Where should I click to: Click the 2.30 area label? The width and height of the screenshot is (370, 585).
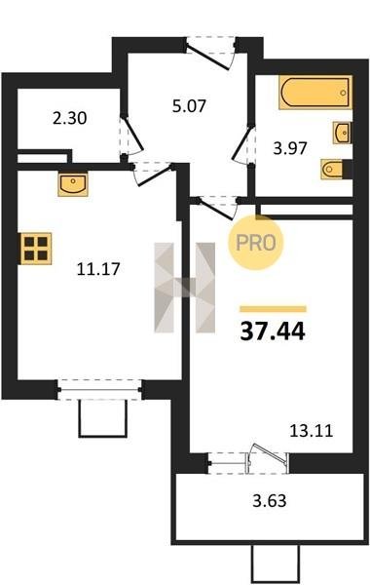70,118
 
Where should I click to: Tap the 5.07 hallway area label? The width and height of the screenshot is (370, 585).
189,106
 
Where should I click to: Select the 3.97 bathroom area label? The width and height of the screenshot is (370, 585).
290,148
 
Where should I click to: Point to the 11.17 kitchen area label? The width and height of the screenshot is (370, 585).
98,269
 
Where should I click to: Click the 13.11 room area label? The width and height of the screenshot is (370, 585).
312,431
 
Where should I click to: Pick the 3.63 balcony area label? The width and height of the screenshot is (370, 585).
270,501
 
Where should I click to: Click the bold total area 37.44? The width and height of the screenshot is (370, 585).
273,331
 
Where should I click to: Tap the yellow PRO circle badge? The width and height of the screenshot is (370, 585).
256,243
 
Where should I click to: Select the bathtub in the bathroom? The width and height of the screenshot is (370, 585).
315,93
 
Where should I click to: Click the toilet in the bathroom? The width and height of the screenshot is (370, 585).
336,169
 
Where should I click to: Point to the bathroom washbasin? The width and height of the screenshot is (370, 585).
342,133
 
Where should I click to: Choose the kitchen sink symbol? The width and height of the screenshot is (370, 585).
73,184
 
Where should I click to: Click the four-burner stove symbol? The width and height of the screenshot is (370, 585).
36,248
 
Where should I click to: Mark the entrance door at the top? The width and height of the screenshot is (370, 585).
211,54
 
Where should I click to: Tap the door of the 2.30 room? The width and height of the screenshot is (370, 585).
131,136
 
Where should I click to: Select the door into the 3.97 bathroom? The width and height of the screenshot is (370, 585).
243,144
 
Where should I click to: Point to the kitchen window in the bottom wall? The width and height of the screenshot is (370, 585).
100,390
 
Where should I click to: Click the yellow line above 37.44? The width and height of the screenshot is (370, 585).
274,309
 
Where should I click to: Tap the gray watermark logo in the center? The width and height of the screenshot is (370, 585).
185,288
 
